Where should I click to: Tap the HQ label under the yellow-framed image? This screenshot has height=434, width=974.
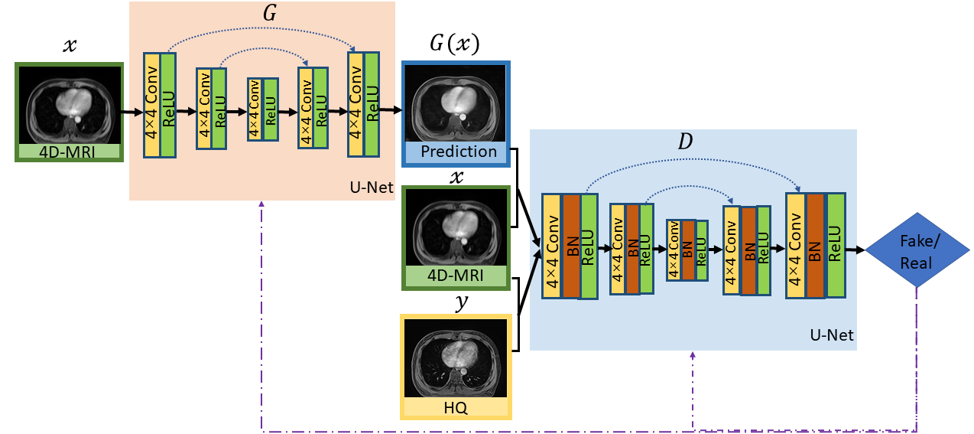pyautogui.click(x=456, y=408)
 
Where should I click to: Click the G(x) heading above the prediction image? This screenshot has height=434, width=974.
pyautogui.click(x=455, y=44)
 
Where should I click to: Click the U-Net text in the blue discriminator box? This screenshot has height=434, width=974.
pyautogui.click(x=831, y=335)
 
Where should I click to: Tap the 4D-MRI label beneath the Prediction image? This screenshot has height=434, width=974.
pyautogui.click(x=456, y=278)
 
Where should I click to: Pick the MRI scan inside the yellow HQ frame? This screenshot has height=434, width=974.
pyautogui.click(x=456, y=358)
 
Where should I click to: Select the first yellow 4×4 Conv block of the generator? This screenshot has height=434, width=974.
pyautogui.click(x=152, y=106)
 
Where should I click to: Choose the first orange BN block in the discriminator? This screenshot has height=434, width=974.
pyautogui.click(x=571, y=246)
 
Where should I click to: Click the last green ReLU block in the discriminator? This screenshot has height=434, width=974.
pyautogui.click(x=836, y=245)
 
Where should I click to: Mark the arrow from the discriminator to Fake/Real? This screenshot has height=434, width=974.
pyautogui.click(x=856, y=250)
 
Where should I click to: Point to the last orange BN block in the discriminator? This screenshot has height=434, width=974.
pyautogui.click(x=815, y=245)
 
